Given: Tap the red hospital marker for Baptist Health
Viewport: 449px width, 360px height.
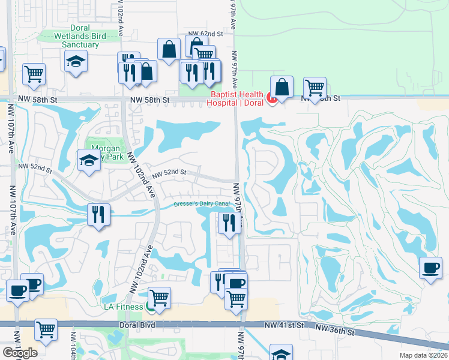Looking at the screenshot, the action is (x=271, y=98).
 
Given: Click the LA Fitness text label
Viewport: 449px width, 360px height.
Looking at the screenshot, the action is (x=122, y=307).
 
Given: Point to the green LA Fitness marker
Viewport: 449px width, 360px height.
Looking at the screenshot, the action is (x=149, y=307).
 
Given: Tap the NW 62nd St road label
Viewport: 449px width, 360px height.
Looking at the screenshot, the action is (x=201, y=34).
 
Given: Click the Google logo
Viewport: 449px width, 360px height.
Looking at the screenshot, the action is (x=20, y=353).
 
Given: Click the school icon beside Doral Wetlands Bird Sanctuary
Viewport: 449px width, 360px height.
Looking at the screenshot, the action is (x=76, y=61).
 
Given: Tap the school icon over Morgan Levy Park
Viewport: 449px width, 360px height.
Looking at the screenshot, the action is (x=88, y=160).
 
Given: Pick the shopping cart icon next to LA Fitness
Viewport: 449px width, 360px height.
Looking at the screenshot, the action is (x=159, y=296).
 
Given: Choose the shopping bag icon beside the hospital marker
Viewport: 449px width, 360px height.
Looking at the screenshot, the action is (x=282, y=86).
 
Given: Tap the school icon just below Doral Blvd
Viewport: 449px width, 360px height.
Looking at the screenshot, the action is (x=281, y=353).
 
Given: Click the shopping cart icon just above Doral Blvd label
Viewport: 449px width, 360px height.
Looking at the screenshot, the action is (x=46, y=329).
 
